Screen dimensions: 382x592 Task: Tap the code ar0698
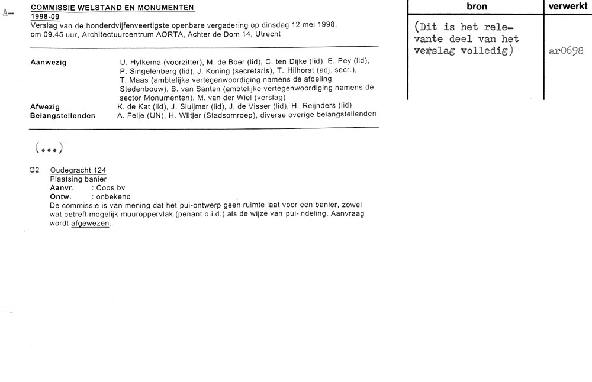(x=567, y=51)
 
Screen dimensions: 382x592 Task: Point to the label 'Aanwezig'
(x=48, y=62)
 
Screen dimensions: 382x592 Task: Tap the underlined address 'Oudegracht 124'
(x=78, y=170)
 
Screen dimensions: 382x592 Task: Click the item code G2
(x=34, y=170)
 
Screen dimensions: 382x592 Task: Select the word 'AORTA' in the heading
(x=165, y=34)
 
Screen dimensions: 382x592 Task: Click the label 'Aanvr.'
(x=62, y=187)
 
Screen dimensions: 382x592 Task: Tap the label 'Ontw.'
(x=61, y=196)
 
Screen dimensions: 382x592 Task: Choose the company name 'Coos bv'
(x=109, y=187)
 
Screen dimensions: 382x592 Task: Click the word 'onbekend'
(x=114, y=196)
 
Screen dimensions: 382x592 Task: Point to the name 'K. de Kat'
(x=135, y=106)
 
